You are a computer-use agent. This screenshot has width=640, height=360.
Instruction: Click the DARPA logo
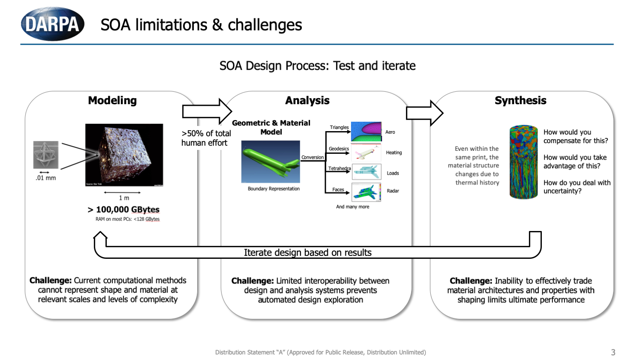click(53, 24)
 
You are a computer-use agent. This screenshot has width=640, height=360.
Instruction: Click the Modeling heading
click(112, 100)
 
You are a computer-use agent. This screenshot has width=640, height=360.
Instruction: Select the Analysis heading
click(307, 100)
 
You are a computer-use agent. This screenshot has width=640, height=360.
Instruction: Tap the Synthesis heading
click(520, 100)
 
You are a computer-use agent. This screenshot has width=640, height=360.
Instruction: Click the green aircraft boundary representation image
click(271, 162)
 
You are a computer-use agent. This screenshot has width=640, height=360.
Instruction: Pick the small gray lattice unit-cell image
click(46, 155)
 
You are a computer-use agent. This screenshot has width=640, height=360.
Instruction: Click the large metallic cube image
click(124, 155)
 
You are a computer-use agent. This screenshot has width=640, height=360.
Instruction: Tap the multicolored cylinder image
click(523, 162)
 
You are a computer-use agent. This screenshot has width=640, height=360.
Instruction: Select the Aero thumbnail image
click(366, 132)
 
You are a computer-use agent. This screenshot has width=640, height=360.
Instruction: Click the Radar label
click(393, 191)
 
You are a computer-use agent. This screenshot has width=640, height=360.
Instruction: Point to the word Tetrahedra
click(339, 168)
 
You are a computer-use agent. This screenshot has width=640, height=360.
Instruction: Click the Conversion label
click(313, 157)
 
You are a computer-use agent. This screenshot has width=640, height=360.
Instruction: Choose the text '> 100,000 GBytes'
click(124, 209)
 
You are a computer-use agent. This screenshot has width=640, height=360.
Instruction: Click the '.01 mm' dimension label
click(46, 178)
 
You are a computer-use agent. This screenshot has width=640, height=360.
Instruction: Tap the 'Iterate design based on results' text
click(307, 252)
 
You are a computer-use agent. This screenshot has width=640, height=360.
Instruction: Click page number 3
click(613, 352)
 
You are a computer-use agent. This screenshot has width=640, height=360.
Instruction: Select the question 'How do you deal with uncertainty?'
click(577, 187)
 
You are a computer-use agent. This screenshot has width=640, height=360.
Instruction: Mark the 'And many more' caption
click(353, 207)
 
